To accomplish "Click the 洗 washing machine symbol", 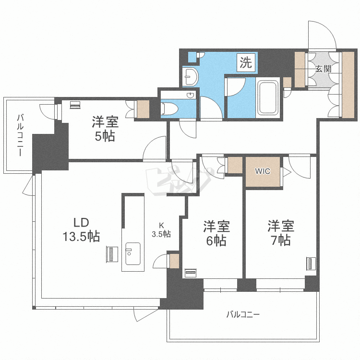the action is click(246, 62).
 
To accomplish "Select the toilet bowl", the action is click(169, 108).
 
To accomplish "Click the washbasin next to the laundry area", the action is click(191, 77).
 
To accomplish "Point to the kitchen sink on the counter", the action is click(132, 253).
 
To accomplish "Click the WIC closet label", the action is click(263, 171).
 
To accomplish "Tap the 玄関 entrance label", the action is click(323, 69).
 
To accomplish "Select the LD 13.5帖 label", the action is click(81, 229).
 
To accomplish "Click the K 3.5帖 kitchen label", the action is click(161, 230).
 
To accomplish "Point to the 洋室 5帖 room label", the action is click(105, 129).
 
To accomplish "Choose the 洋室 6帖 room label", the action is click(216, 233).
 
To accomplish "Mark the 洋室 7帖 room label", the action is click(281, 233).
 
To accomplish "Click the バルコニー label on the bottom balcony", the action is click(243, 314).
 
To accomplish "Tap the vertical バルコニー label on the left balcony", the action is click(21, 135).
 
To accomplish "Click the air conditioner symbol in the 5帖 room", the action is click(75, 105).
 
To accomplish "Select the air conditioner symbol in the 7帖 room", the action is click(311, 264).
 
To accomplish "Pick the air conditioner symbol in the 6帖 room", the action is click(191, 273).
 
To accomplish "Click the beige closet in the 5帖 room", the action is click(143, 109).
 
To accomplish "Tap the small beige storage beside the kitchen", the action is click(174, 261).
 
